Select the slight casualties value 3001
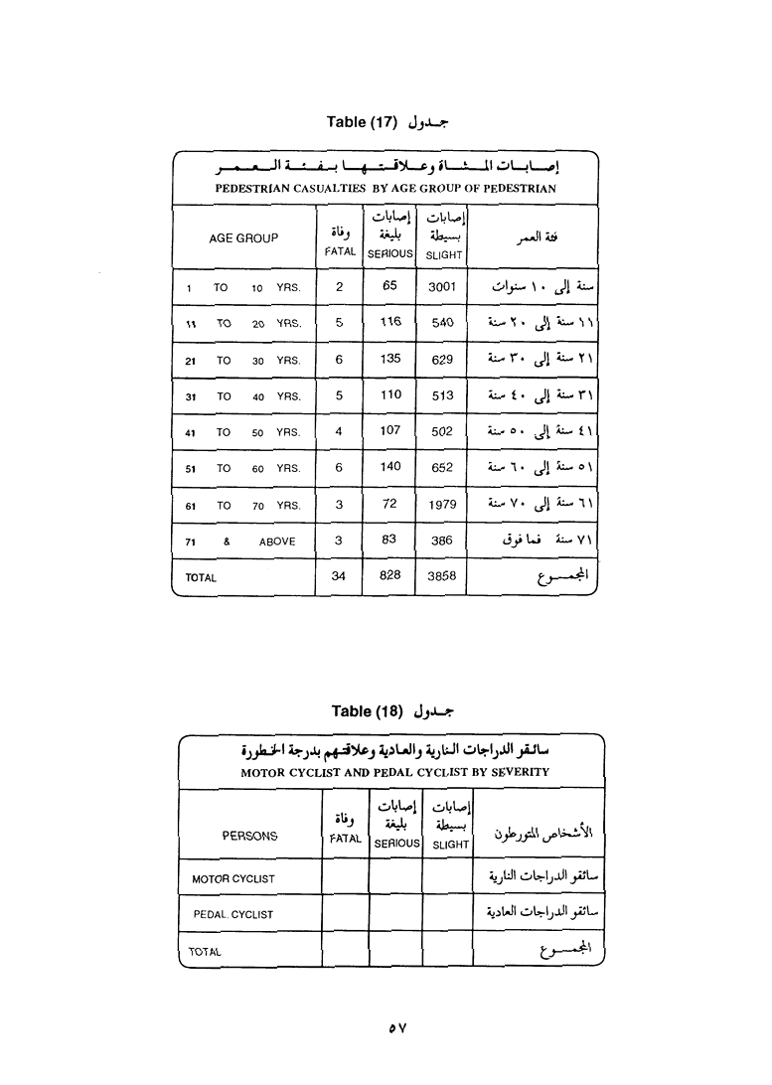coord(441,286)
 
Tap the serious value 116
coord(390,322)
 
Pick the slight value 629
coord(442,360)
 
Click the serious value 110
coord(390,394)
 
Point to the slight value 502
coord(442,431)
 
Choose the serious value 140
coord(390,467)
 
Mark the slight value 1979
coord(442,505)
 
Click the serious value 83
coord(389,540)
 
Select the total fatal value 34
coord(339,575)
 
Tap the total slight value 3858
coord(441,576)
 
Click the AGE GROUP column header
coord(243,238)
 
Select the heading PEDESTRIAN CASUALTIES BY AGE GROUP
coord(386,188)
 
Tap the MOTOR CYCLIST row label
coord(233,878)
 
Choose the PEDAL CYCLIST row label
coord(233,914)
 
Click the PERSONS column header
coord(249,836)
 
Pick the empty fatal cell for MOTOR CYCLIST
coord(345,877)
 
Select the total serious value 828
coord(389,576)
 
